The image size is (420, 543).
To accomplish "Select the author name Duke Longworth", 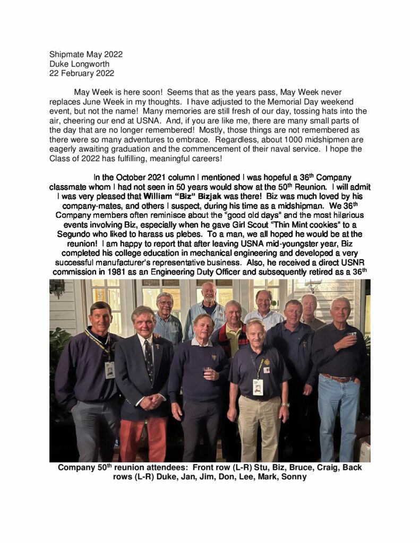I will [x=79, y=64].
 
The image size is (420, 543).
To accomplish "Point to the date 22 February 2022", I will [x=81, y=74].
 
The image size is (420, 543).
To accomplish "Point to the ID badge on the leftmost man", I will [x=110, y=370].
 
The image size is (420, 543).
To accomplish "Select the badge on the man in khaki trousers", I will [x=258, y=387].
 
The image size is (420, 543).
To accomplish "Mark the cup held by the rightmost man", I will [x=353, y=335].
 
